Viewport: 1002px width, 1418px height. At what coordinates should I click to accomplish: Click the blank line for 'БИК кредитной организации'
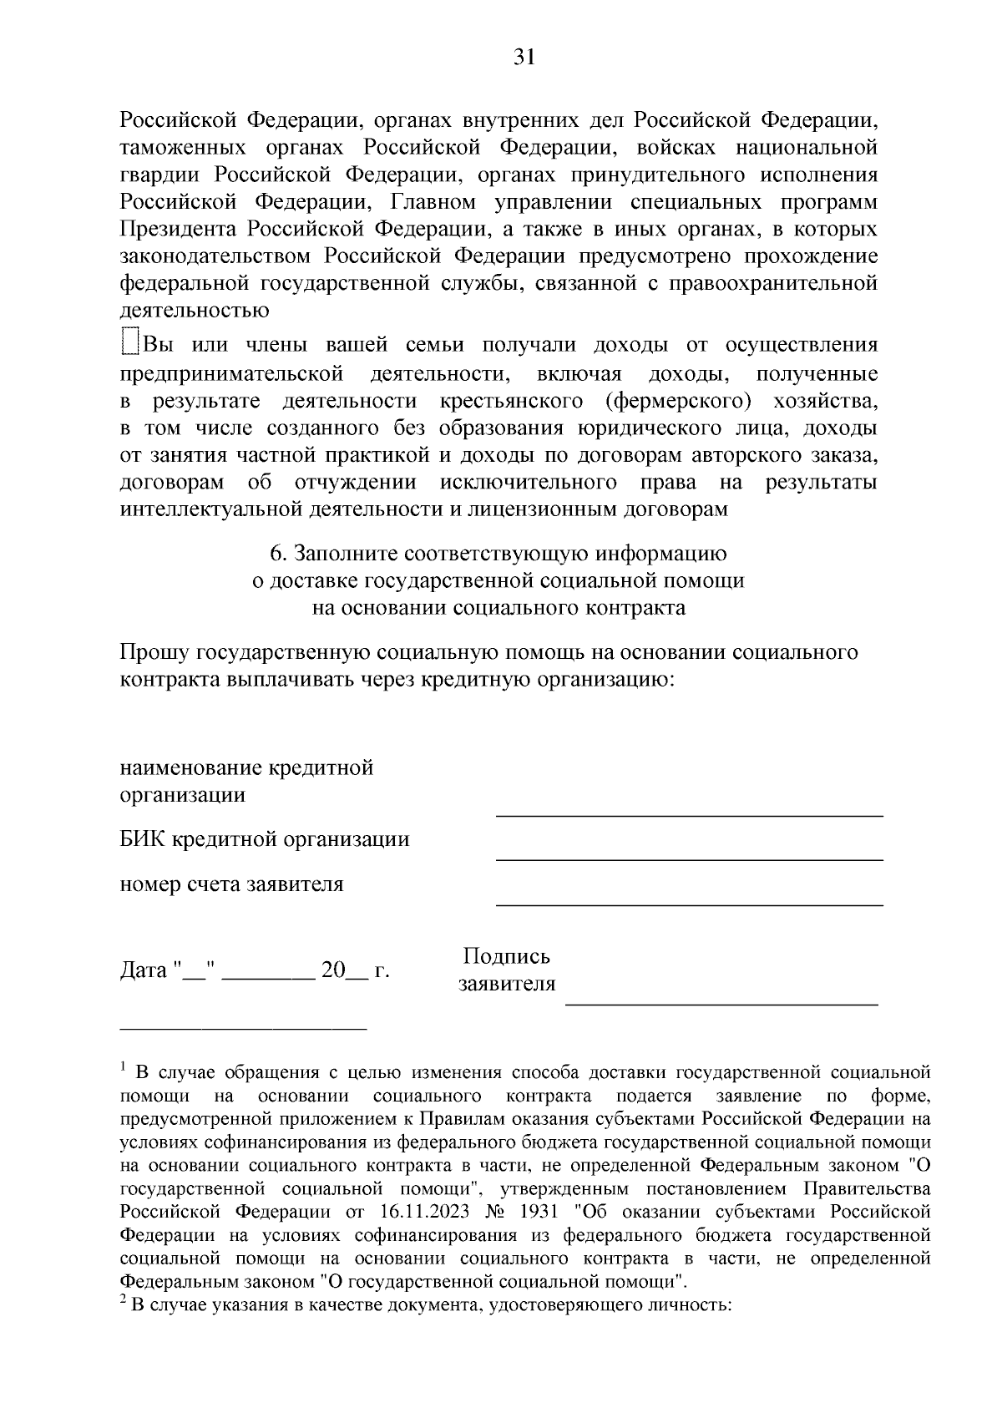pyautogui.click(x=689, y=858)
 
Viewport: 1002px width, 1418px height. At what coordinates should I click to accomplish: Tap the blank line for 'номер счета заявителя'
pyautogui.click(x=689, y=903)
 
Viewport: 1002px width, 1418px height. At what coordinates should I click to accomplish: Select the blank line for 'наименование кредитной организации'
pyautogui.click(x=689, y=813)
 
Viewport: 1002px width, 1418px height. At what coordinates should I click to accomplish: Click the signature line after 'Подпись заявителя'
pyautogui.click(x=721, y=1002)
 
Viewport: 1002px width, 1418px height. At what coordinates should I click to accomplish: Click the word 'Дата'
pyautogui.click(x=144, y=971)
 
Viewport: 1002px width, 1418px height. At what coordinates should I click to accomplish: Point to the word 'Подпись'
pyautogui.click(x=506, y=957)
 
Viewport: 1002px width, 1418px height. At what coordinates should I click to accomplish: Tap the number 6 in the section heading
pyautogui.click(x=275, y=554)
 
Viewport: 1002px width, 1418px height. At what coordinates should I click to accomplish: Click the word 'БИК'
pyautogui.click(x=143, y=839)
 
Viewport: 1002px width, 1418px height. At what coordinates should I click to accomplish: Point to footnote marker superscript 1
pyautogui.click(x=124, y=1067)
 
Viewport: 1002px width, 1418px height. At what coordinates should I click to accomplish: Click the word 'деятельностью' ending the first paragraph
pyautogui.click(x=195, y=311)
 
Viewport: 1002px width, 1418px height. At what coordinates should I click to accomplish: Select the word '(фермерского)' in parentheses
pyautogui.click(x=678, y=401)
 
